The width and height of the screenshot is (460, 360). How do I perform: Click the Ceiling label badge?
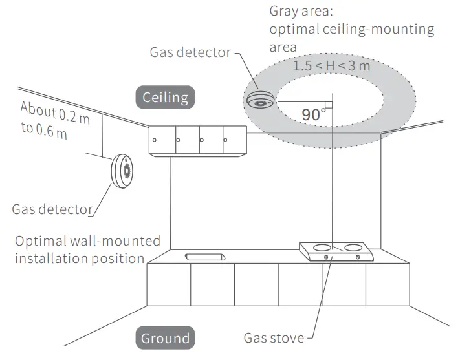point(165,98)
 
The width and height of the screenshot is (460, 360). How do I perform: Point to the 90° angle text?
point(312,114)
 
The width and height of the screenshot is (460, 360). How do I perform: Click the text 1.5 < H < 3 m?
point(331,67)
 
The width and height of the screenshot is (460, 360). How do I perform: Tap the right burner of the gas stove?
point(351,247)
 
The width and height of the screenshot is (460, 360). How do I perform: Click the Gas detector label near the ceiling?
point(190,52)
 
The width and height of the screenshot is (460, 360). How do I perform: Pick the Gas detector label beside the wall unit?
point(50,209)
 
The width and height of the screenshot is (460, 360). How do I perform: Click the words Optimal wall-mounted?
point(87,242)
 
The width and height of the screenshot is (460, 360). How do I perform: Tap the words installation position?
point(79,259)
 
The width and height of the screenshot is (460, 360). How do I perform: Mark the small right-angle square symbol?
point(329,104)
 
